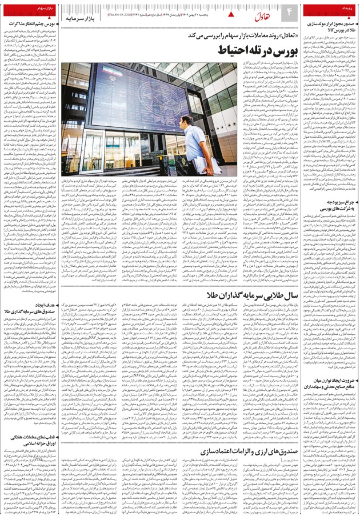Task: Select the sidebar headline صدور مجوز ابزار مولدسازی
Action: [329, 25]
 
